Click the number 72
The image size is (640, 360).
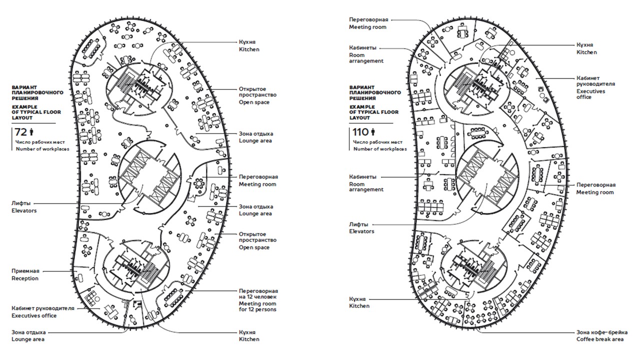point(20,132)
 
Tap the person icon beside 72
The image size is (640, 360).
point(31,132)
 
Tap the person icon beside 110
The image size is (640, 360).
point(372,132)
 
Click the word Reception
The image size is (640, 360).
point(25,278)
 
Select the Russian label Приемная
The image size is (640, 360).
point(25,270)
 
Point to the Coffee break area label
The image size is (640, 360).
point(599,339)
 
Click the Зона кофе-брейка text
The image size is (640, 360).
point(602,332)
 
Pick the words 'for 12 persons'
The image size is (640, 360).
point(257,310)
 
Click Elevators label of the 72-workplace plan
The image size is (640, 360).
point(24,211)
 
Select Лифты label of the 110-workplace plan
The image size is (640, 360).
point(358,224)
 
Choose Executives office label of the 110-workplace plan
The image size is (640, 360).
point(591,94)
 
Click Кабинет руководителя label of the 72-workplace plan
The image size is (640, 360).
point(43,308)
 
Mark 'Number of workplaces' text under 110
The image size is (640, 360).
point(379,149)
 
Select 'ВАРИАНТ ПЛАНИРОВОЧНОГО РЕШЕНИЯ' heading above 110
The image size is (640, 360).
point(375,92)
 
